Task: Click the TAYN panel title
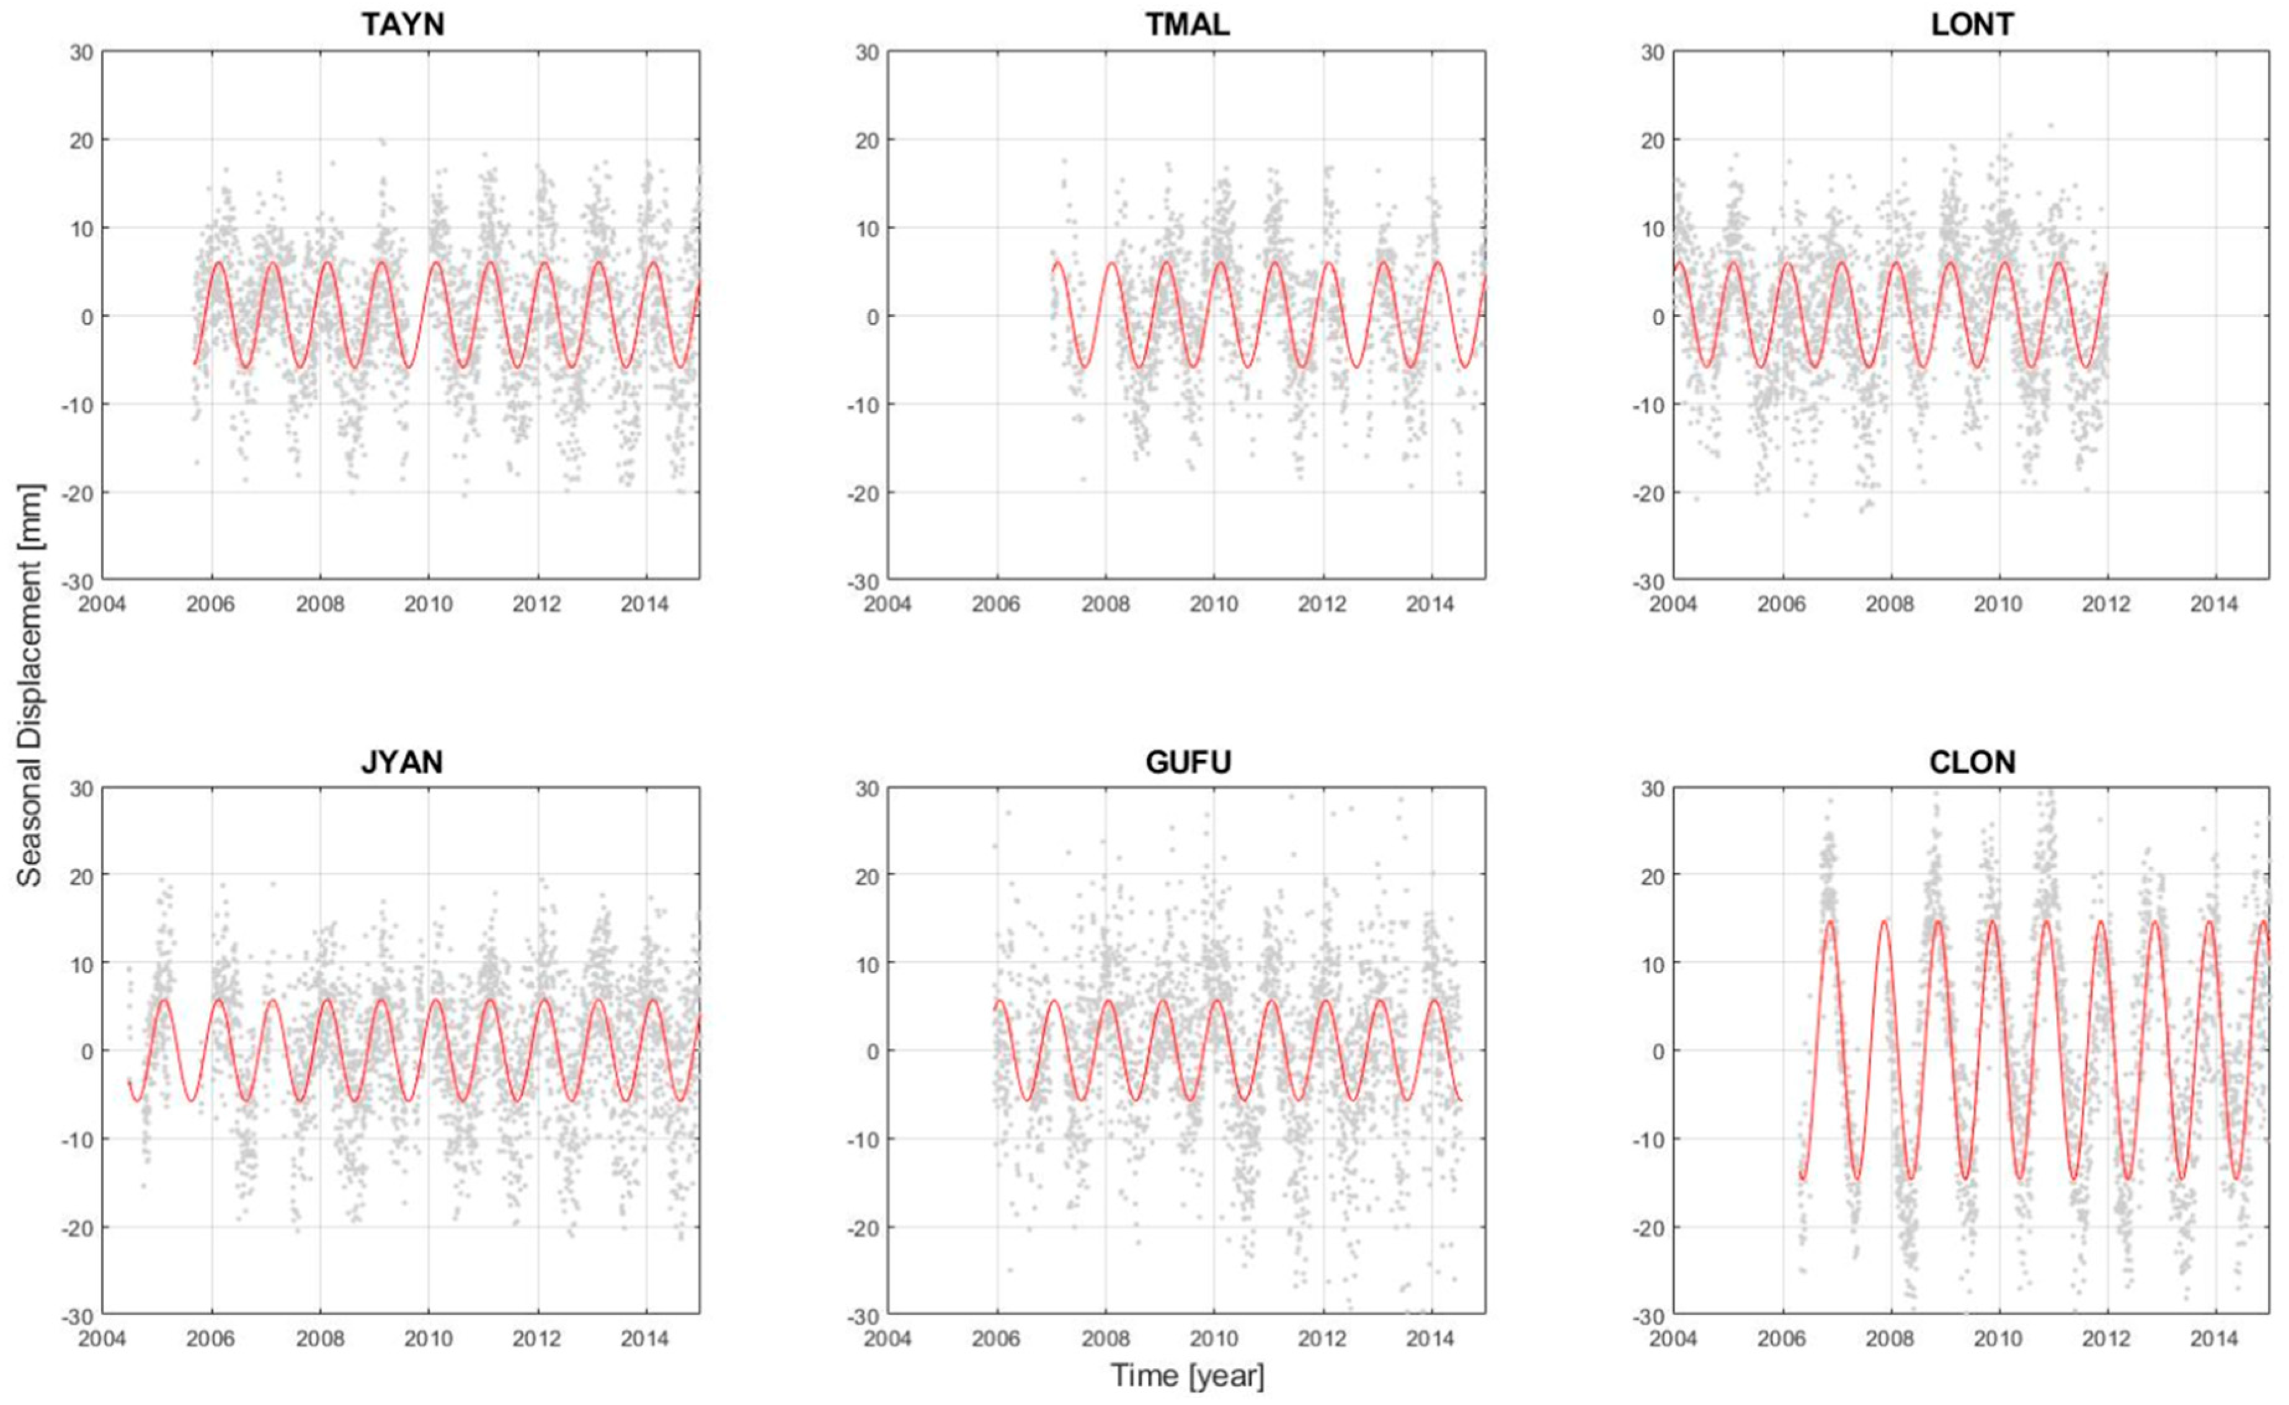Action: pos(402,24)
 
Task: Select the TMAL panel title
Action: pos(1187,24)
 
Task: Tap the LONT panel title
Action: pos(1972,24)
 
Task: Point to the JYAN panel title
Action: pos(402,762)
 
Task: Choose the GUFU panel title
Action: pos(1188,762)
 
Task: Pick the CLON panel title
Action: pos(1972,762)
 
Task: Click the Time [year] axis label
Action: pos(1187,1375)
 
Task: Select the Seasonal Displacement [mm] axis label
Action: pos(30,685)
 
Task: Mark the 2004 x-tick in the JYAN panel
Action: pos(102,1340)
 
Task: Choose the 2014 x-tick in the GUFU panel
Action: pos(1430,1340)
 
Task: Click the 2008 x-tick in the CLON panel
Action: pos(1890,1340)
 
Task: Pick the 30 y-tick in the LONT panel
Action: pos(1652,53)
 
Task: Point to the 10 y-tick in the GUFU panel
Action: pos(868,964)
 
